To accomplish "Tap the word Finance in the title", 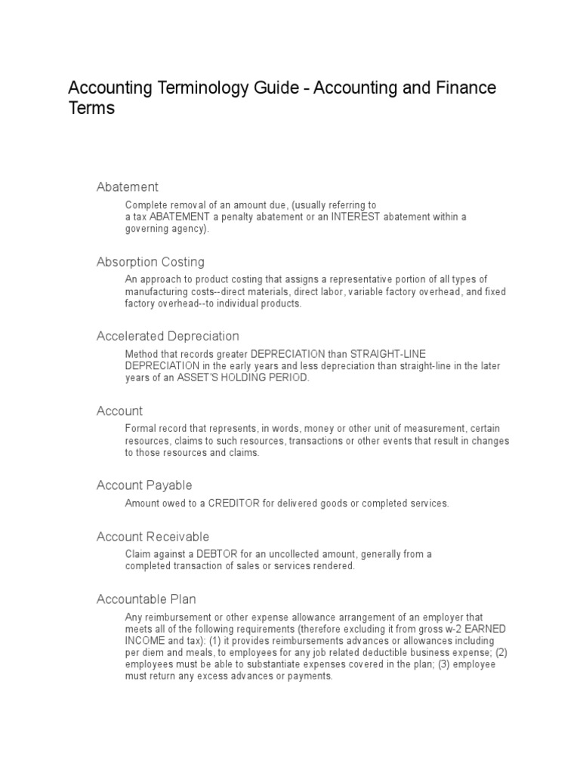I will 466,88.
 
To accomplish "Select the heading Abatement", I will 127,187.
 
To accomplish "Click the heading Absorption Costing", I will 150,262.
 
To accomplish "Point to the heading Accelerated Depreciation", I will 168,336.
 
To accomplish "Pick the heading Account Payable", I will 144,485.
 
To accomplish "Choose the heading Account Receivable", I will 153,537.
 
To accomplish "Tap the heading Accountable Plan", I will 146,599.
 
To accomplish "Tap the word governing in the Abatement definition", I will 147,229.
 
